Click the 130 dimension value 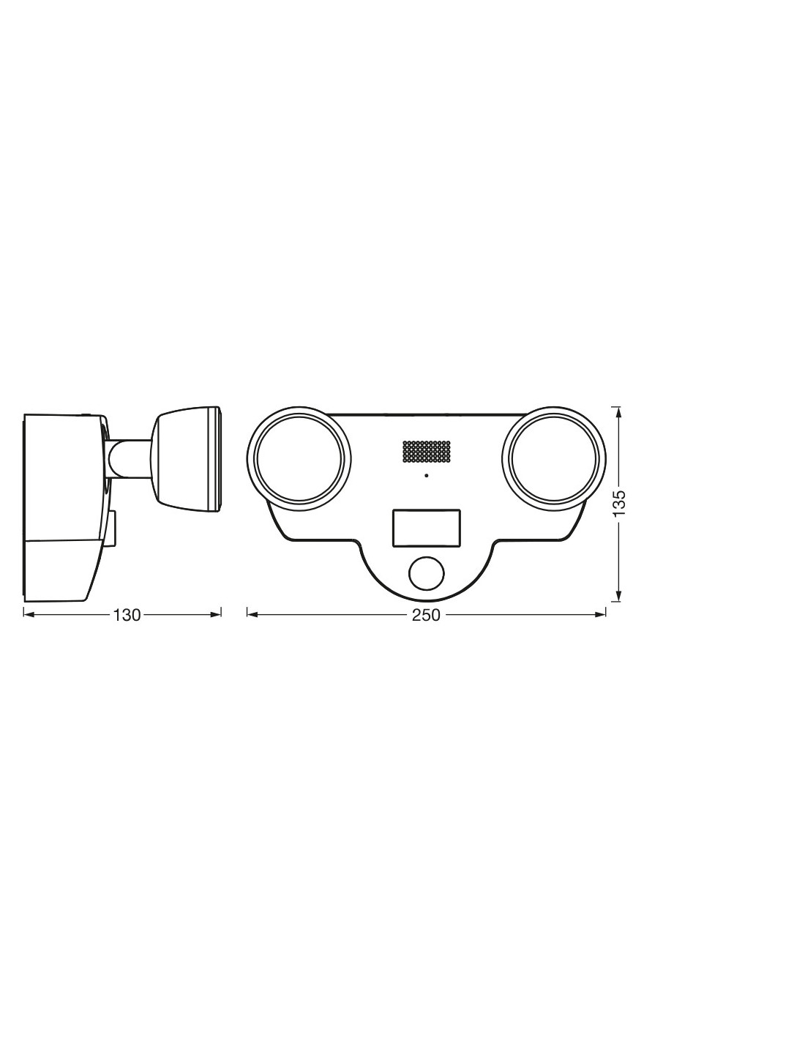point(127,615)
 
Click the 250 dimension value point(426,615)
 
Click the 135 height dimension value point(620,502)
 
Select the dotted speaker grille point(426,452)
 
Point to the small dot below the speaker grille point(426,476)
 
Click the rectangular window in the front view point(426,528)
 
